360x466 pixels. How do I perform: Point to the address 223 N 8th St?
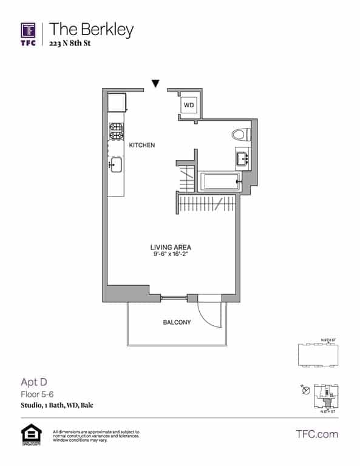[x=73, y=44]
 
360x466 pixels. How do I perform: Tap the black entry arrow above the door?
[x=156, y=84]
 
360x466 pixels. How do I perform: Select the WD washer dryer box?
[x=189, y=105]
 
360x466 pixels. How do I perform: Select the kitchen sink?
[x=115, y=165]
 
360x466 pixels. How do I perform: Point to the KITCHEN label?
[x=142, y=146]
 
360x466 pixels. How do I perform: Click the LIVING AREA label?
[x=171, y=247]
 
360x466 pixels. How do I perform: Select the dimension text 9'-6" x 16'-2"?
[x=171, y=255]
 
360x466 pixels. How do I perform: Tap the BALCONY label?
[x=177, y=322]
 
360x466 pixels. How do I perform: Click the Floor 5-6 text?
[x=38, y=393]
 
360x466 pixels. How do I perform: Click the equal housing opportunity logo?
[x=28, y=434]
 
